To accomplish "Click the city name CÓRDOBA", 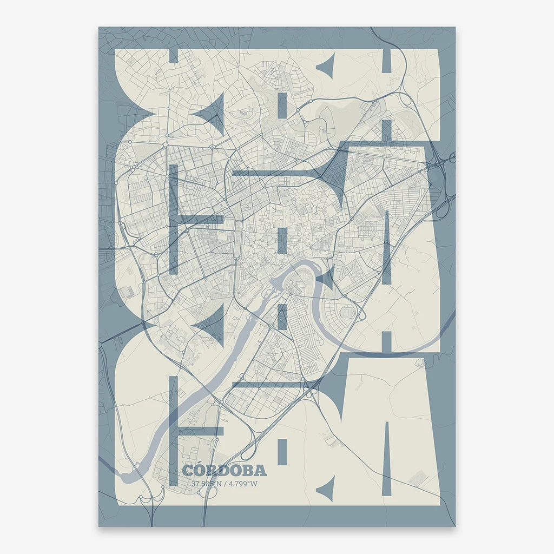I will coord(224,470).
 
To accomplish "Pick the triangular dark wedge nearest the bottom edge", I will coord(326,489).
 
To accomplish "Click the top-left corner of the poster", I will coord(99,27).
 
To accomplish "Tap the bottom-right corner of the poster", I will coord(455,526).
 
